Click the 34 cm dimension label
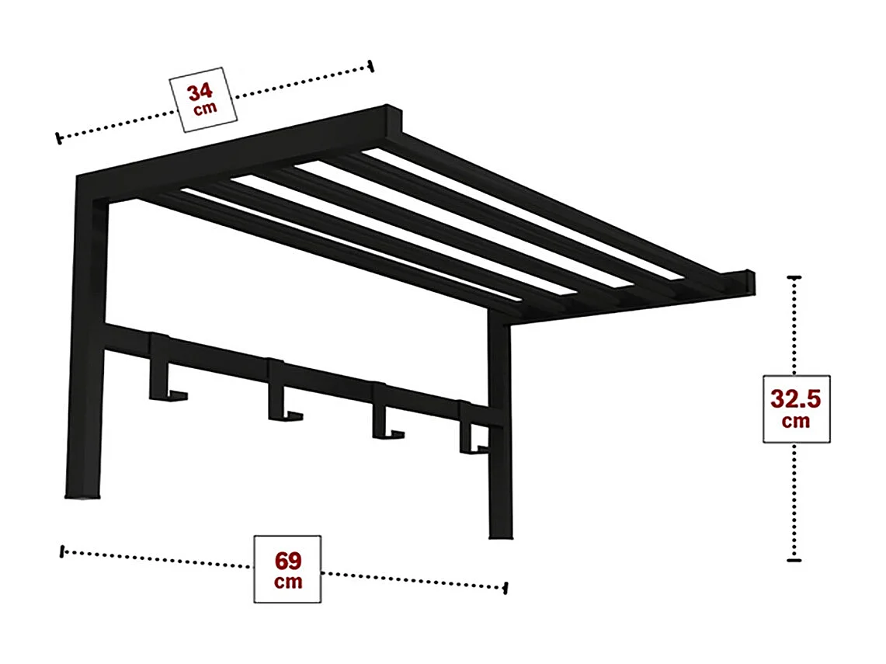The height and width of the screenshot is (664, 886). pyautogui.click(x=203, y=99)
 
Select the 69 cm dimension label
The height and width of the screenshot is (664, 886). pyautogui.click(x=287, y=569)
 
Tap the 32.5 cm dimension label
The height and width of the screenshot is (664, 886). pyautogui.click(x=796, y=408)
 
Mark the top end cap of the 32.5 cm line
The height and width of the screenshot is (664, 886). pyautogui.click(x=794, y=277)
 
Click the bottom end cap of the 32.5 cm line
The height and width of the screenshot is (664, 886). pyautogui.click(x=794, y=561)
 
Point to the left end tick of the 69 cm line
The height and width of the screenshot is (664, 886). pyautogui.click(x=62, y=551)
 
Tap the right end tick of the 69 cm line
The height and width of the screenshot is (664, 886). pyautogui.click(x=506, y=588)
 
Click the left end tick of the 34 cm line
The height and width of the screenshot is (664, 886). pyautogui.click(x=59, y=138)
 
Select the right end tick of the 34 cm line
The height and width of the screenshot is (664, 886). pyautogui.click(x=370, y=66)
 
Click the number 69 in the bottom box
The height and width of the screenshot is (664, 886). pyautogui.click(x=288, y=561)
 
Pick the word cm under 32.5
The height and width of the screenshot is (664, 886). pyautogui.click(x=796, y=421)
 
